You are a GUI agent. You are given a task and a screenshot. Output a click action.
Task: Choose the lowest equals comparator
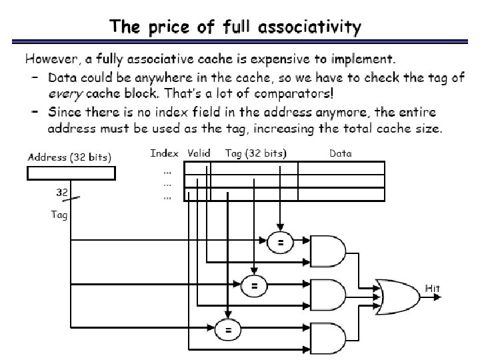pos(228,329)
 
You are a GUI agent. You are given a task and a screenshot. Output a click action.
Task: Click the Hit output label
pos(433,288)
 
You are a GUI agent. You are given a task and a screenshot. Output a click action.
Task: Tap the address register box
pos(71,173)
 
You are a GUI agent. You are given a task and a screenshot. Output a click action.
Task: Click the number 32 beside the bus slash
pos(61,191)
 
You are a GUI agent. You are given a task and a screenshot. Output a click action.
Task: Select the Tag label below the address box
pos(59,215)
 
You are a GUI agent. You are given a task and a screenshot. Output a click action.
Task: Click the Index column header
pos(165,153)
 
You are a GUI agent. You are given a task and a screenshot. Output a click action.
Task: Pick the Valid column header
pos(199,153)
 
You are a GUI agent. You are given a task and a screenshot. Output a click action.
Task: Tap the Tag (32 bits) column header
pos(255,153)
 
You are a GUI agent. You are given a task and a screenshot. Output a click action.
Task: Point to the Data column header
pos(341,153)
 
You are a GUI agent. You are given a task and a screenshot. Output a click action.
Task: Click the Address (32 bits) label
pos(70,157)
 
